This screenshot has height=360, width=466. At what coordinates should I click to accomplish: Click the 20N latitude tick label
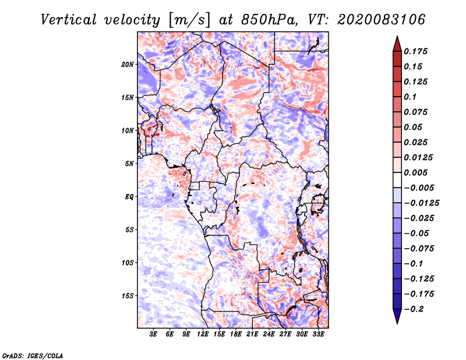128,64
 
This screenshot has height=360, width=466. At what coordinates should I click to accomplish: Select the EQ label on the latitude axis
129,197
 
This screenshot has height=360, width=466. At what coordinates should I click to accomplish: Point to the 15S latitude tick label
128,296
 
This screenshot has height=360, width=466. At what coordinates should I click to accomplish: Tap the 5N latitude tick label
129,164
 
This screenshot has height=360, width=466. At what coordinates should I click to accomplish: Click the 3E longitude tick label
154,334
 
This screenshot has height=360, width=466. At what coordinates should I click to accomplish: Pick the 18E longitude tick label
236,334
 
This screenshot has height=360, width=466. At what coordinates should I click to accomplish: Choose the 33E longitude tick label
318,334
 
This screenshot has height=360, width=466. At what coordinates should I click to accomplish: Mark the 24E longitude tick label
269,334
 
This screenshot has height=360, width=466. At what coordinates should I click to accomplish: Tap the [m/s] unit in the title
188,20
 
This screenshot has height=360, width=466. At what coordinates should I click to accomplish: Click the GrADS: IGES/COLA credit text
32,355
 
